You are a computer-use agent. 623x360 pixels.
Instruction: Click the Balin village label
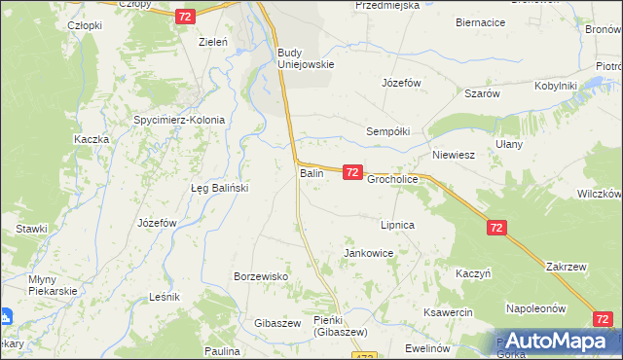[311, 173]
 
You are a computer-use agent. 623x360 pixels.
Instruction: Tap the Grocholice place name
[392, 180]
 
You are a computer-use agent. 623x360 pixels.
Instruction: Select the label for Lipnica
[398, 225]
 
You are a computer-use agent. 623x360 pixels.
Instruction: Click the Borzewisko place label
[261, 276]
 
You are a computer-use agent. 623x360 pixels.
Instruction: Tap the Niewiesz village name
[453, 155]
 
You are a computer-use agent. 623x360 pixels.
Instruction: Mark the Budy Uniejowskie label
[306, 58]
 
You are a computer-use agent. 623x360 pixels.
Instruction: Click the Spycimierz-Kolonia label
[179, 121]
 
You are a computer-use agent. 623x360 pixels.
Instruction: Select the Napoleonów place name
[535, 308]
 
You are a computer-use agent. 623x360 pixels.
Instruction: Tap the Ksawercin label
[448, 312]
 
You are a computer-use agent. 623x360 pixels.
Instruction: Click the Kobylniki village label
[556, 87]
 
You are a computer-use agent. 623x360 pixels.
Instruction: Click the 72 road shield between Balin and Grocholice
[352, 172]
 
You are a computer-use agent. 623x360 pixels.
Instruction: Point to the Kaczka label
[91, 139]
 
